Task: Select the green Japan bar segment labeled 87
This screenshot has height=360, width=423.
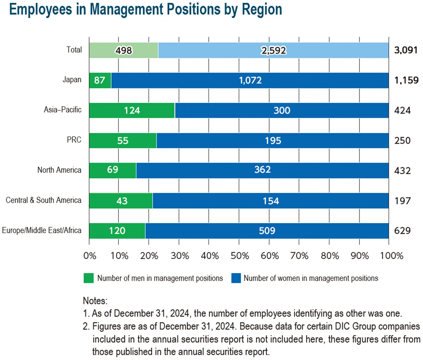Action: click(100, 80)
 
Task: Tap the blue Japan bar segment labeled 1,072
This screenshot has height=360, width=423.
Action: click(250, 80)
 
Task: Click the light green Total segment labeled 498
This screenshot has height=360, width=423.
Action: click(123, 50)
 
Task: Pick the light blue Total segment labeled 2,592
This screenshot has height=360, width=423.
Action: click(273, 50)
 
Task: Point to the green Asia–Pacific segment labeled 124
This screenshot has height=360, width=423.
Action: click(132, 111)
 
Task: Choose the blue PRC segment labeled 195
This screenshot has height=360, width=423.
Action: click(272, 141)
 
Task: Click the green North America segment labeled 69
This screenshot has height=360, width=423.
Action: click(112, 170)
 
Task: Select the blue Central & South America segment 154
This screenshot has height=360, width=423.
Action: click(270, 201)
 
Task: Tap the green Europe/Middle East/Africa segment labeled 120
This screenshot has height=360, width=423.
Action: click(117, 231)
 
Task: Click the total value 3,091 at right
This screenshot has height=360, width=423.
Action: click(406, 50)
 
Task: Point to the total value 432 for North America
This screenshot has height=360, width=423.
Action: click(402, 171)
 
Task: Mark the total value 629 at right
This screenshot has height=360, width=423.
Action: click(402, 231)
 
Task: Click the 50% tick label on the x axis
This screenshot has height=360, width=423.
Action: click(239, 256)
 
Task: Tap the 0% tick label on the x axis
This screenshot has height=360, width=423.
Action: click(90, 256)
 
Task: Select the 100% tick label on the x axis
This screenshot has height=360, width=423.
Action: click(391, 256)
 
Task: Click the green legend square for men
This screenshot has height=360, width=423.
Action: click(88, 278)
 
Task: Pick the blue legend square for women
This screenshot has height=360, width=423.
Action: click(236, 278)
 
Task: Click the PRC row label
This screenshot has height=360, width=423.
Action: click(74, 140)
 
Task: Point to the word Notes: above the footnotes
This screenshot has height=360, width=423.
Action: click(95, 301)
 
